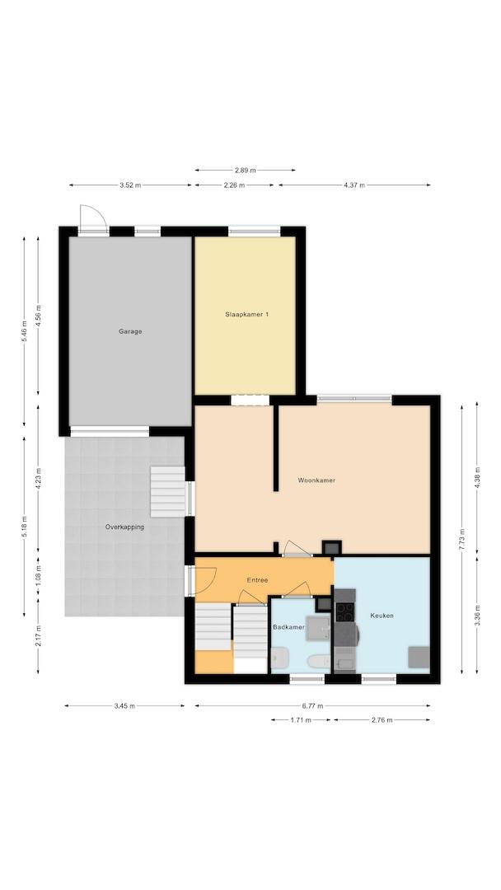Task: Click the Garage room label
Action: (x=130, y=331)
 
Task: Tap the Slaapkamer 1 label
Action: (x=246, y=314)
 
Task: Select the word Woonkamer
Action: (x=316, y=480)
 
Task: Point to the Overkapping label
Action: (x=124, y=527)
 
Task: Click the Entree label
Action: (x=257, y=580)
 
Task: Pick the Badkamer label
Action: (x=288, y=627)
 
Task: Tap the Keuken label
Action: (x=382, y=616)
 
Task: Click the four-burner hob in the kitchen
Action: (x=344, y=611)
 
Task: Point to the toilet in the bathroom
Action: (x=318, y=661)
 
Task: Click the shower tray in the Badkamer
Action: (x=318, y=628)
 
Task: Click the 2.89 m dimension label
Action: (x=245, y=170)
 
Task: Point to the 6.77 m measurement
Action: (x=312, y=706)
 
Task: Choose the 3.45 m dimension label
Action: (x=124, y=706)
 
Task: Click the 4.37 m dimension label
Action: (x=354, y=185)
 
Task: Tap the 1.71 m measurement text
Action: (x=301, y=719)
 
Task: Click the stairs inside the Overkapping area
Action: (x=168, y=491)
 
